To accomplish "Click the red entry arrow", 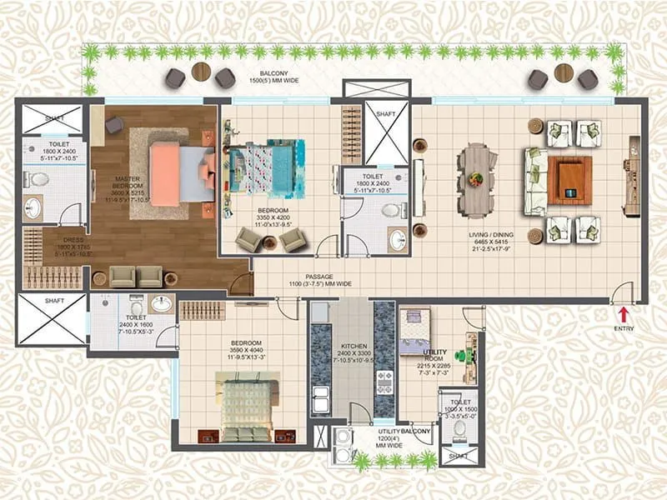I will coord(623,313).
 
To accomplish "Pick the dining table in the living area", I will coord(477,177).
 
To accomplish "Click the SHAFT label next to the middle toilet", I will coord(385,114).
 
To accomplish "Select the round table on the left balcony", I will coord(201,72).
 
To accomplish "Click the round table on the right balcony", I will coord(563,72).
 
